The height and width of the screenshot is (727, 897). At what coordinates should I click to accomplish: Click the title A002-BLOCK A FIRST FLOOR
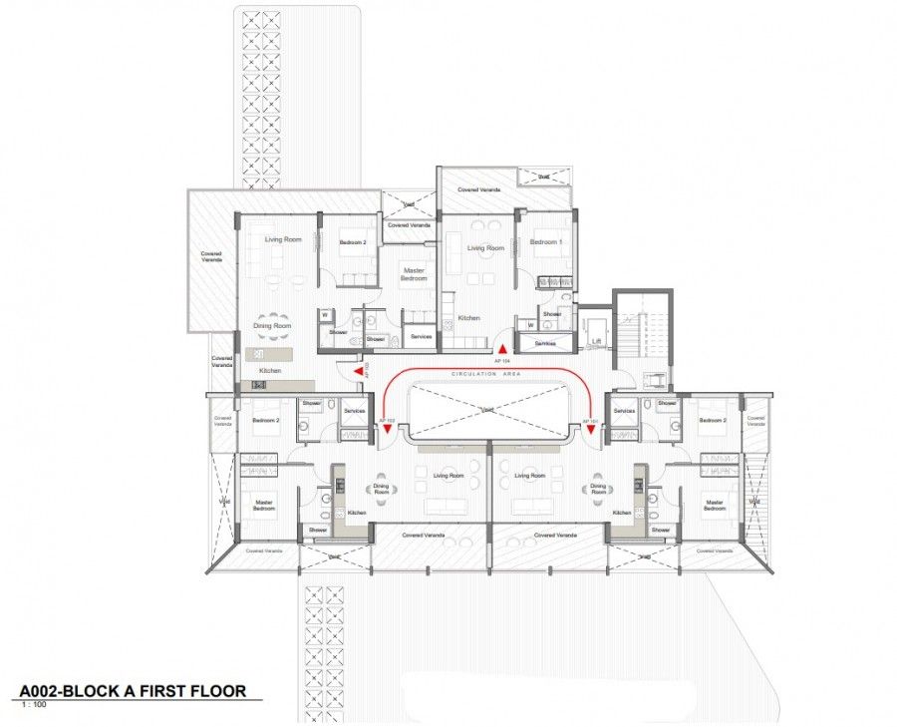[133, 690]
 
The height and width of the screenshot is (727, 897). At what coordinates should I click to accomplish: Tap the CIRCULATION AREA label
[487, 374]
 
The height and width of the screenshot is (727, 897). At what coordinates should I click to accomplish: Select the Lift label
[596, 341]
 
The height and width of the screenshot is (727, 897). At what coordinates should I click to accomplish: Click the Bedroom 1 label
[544, 242]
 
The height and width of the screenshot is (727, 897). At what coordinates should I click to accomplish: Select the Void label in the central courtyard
[487, 411]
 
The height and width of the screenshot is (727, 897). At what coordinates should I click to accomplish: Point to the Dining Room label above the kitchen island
[271, 326]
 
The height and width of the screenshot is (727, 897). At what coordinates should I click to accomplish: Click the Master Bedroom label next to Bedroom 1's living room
[415, 273]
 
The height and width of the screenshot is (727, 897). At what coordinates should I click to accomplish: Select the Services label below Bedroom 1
[544, 343]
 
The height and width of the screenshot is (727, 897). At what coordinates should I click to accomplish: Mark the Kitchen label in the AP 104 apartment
[468, 318]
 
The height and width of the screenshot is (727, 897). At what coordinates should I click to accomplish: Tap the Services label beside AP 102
[355, 411]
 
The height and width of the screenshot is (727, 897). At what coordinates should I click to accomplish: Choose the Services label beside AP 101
[625, 411]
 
